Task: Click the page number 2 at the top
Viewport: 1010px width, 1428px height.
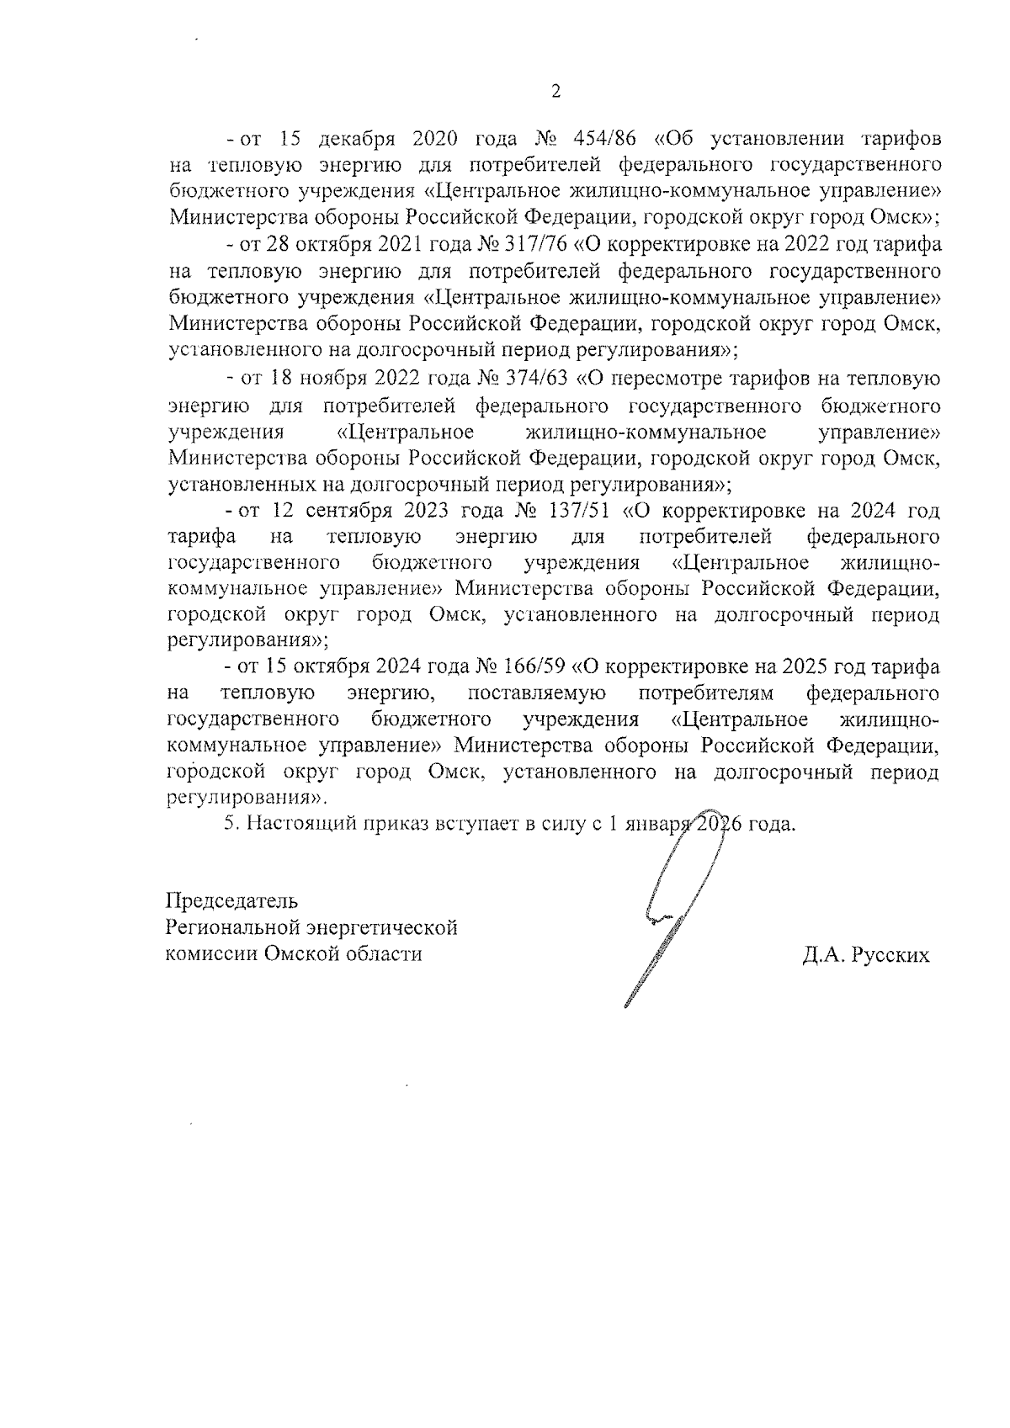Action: point(555,92)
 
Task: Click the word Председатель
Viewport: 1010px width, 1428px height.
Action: point(231,900)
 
